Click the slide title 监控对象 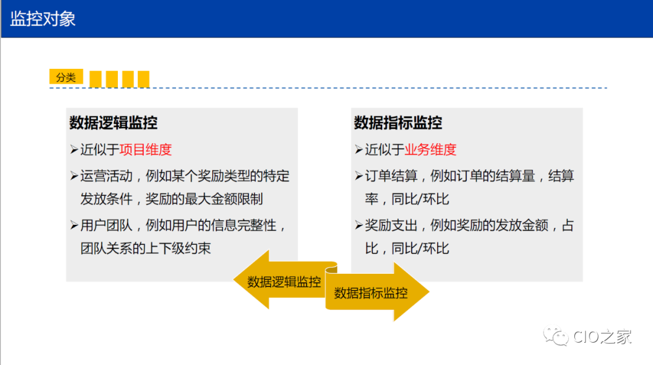tap(43, 19)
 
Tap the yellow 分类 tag tap(66, 77)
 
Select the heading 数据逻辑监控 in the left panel tap(113, 123)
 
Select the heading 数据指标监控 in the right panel tap(398, 123)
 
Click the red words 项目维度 tap(146, 150)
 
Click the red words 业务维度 tap(430, 150)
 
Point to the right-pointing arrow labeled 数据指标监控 tap(375, 293)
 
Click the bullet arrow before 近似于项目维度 tap(74, 150)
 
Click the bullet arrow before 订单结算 tap(359, 176)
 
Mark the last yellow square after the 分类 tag tap(143, 79)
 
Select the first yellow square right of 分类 tap(95, 79)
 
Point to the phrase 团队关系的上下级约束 tap(146, 248)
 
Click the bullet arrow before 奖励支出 tap(359, 226)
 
